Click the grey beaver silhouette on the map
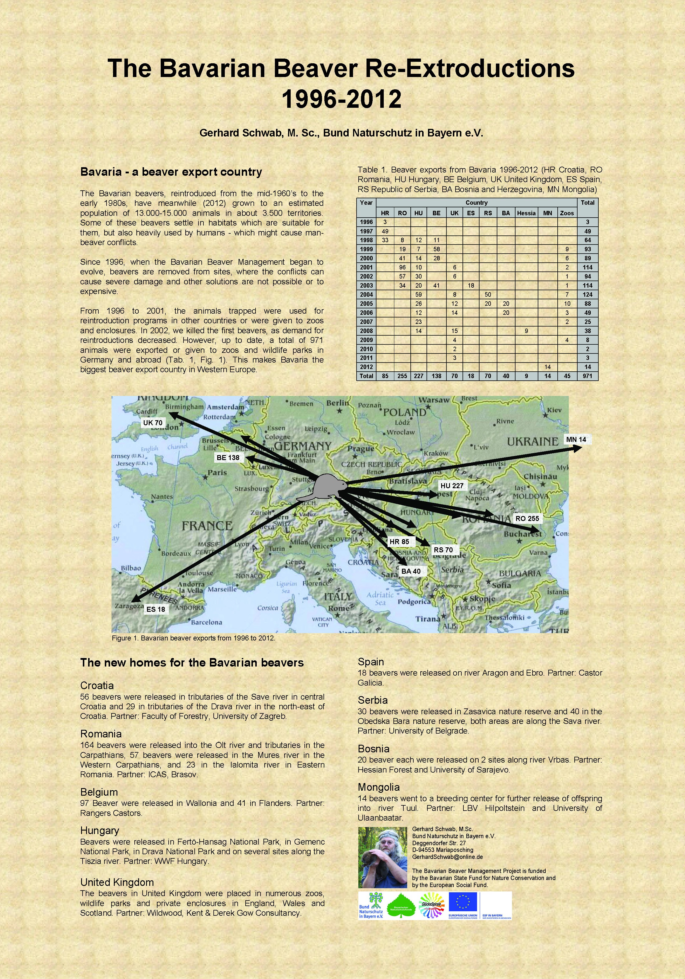(326, 486)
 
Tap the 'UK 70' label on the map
(153, 423)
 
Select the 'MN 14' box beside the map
(576, 439)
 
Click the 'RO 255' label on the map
(527, 519)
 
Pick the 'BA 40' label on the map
(411, 571)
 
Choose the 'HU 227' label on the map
(452, 486)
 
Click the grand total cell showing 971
(588, 376)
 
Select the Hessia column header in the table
(526, 213)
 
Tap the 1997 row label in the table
(366, 231)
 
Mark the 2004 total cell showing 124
(588, 295)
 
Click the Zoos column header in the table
(566, 213)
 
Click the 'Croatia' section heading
(97, 685)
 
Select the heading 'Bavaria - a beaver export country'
(171, 172)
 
